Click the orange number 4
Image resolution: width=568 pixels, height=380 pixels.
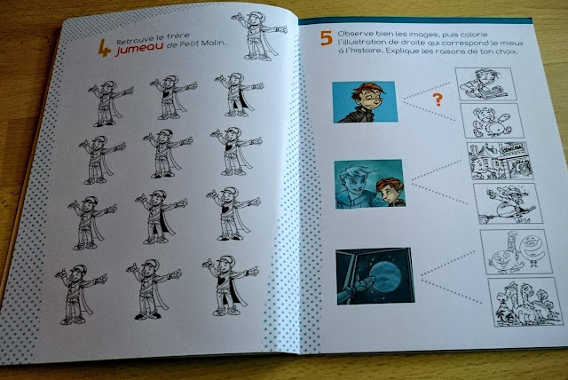click(105, 48)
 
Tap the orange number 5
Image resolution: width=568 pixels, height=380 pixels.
click(327, 38)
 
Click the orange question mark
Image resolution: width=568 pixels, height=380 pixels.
click(438, 99)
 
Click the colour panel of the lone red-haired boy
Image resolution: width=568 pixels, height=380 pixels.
click(365, 102)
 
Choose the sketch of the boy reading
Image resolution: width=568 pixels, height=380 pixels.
click(485, 83)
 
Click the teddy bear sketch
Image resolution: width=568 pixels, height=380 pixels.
click(491, 120)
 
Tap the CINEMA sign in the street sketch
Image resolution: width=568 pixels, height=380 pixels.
click(512, 147)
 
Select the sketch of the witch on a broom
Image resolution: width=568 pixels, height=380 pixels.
click(508, 202)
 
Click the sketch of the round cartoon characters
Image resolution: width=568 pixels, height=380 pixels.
click(517, 252)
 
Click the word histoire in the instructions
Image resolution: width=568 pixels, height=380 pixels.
click(370, 51)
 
